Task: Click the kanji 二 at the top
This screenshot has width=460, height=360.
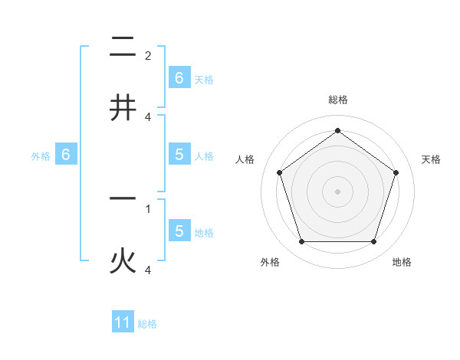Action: click(x=123, y=48)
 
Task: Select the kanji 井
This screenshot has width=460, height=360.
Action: click(x=123, y=107)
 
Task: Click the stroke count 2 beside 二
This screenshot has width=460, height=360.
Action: click(x=148, y=55)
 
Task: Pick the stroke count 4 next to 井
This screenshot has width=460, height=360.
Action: click(x=148, y=116)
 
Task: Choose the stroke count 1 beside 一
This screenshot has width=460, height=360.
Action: click(x=148, y=208)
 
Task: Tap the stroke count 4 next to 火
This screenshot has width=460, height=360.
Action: click(x=148, y=270)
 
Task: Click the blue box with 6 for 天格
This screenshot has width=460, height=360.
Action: click(x=179, y=77)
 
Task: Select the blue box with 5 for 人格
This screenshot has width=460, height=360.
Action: click(x=179, y=154)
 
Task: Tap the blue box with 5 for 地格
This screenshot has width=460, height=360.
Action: click(x=179, y=231)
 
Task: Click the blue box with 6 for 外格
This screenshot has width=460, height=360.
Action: click(x=66, y=154)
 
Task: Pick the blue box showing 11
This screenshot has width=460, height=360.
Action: click(x=123, y=322)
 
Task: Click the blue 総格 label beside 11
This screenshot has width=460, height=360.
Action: click(x=147, y=324)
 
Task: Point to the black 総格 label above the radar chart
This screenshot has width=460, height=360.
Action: click(x=337, y=100)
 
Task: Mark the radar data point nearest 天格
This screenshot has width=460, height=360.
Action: click(x=396, y=172)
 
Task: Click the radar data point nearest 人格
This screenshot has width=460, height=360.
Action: click(x=279, y=172)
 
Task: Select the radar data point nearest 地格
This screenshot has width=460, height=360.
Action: click(x=373, y=242)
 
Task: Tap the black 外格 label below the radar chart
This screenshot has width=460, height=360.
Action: click(x=270, y=262)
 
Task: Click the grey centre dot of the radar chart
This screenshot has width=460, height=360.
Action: click(x=337, y=191)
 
